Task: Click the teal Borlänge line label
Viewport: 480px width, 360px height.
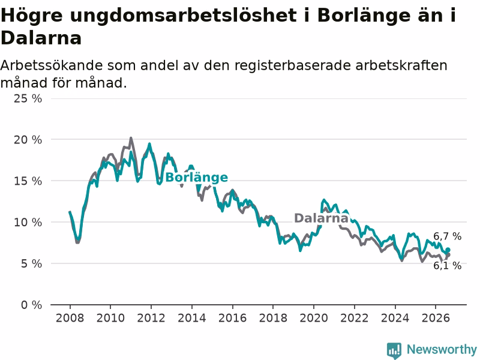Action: (197, 178)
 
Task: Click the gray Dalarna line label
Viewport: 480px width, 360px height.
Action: (321, 218)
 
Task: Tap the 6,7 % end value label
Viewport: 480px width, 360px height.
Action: (447, 236)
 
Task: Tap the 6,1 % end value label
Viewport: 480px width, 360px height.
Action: (447, 265)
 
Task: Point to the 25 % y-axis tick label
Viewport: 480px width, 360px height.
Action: (28, 98)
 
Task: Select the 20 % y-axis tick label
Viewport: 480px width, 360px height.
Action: (28, 140)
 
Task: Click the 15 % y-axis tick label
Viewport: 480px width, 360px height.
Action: (28, 181)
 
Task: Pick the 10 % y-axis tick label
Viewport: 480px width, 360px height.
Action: (28, 222)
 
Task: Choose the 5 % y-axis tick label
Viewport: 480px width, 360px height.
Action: (31, 263)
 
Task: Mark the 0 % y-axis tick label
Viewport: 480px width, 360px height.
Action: (31, 305)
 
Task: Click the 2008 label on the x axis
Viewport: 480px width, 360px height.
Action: (70, 318)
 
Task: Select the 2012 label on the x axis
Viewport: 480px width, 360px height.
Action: (151, 318)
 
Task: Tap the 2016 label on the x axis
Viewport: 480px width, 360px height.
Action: (232, 318)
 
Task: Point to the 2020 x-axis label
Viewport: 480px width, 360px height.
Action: (313, 318)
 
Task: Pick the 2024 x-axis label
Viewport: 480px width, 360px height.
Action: (395, 318)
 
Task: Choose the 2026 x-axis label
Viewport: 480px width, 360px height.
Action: (436, 318)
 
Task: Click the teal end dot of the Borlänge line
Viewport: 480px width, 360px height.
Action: (448, 250)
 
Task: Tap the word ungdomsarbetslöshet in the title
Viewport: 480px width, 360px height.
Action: (183, 16)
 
